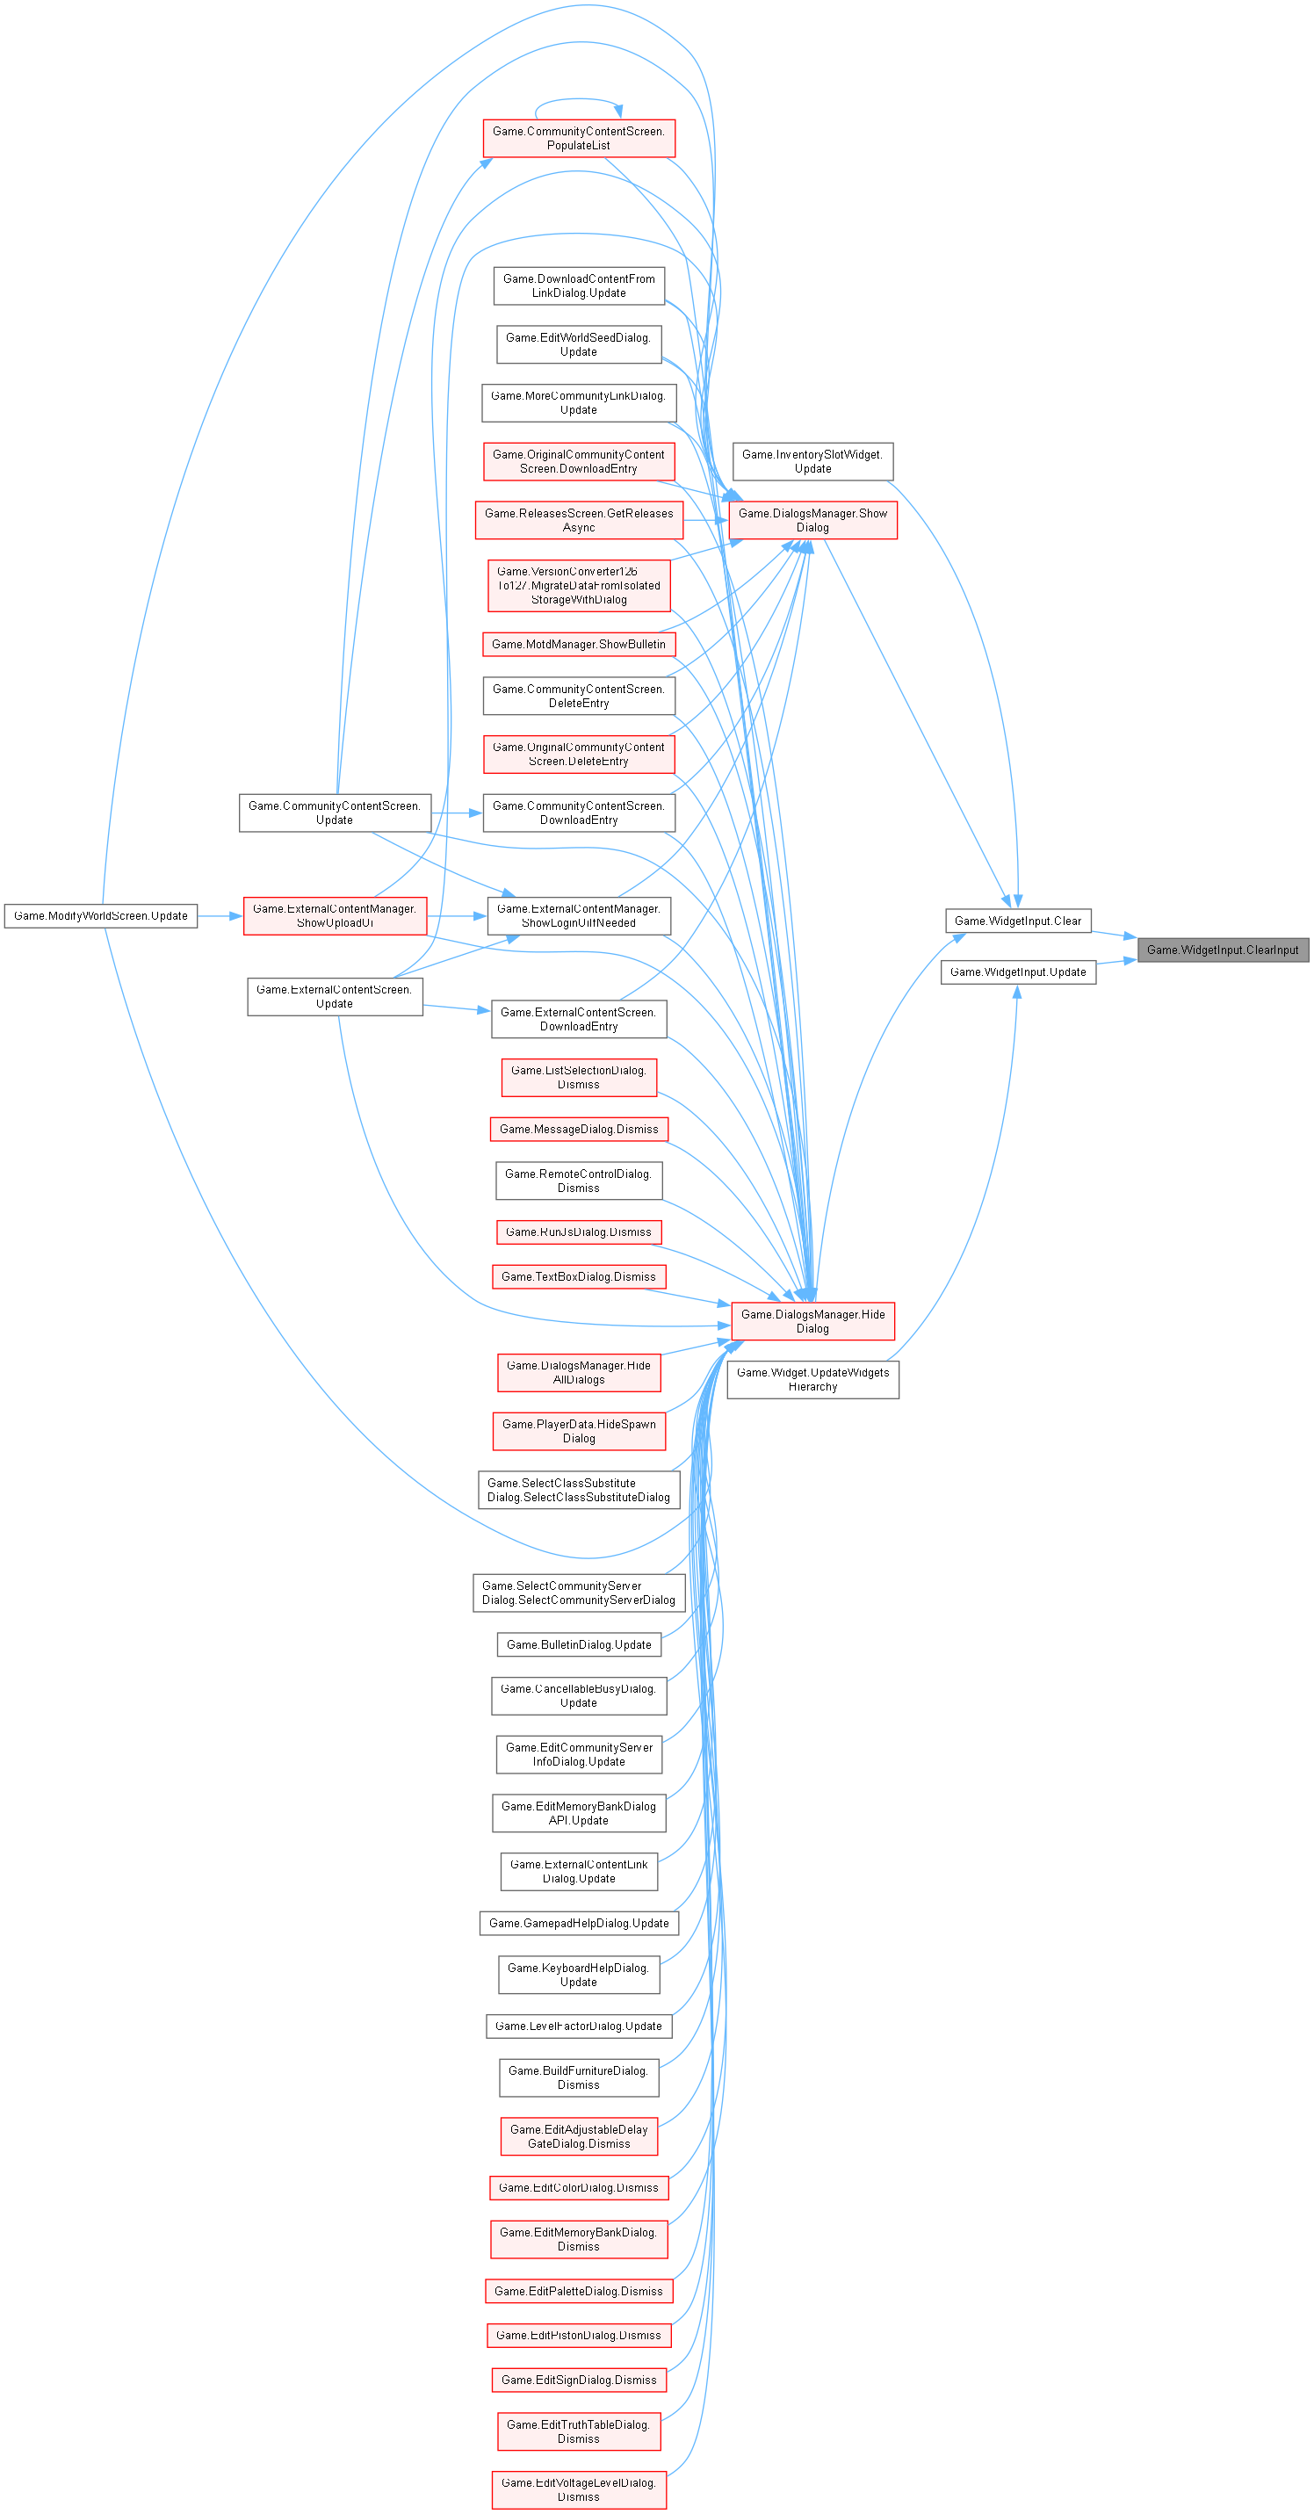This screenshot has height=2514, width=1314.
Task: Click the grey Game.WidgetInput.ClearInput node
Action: pyautogui.click(x=1223, y=950)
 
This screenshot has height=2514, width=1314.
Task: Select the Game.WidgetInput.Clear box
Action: pyautogui.click(x=1017, y=921)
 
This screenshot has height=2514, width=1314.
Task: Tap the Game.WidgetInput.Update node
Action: pyautogui.click(x=1017, y=972)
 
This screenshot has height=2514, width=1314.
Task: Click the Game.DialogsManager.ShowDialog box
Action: pyautogui.click(x=812, y=520)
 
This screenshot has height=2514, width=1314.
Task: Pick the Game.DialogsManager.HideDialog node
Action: pyautogui.click(x=812, y=1321)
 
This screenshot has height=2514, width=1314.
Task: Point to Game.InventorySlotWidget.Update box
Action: pyautogui.click(x=812, y=462)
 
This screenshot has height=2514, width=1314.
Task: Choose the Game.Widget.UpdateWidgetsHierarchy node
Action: pyautogui.click(x=812, y=1379)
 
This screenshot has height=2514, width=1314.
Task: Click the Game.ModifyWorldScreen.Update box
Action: pyautogui.click(x=100, y=915)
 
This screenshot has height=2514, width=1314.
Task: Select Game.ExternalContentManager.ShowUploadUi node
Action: pyautogui.click(x=335, y=915)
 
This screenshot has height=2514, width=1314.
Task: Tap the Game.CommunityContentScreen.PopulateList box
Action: pyautogui.click(x=579, y=138)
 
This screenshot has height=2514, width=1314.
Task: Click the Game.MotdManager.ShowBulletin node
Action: pyautogui.click(x=579, y=644)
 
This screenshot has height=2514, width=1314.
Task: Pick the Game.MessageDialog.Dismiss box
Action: pyautogui.click(x=579, y=1129)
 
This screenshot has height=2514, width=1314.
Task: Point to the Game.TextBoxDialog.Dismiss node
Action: pyautogui.click(x=579, y=1276)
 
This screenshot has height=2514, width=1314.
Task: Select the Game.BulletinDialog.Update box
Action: pyautogui.click(x=579, y=1644)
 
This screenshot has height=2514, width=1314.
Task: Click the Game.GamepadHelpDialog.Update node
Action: pyautogui.click(x=579, y=1923)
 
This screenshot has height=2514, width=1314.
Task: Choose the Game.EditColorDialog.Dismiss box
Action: pyautogui.click(x=579, y=2187)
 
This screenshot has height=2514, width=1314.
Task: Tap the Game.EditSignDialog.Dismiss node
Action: pyautogui.click(x=579, y=2380)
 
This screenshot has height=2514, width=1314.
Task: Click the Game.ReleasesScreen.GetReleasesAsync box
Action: pyautogui.click(x=579, y=520)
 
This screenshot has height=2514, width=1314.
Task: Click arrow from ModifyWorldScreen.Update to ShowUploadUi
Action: pyautogui.click(x=220, y=915)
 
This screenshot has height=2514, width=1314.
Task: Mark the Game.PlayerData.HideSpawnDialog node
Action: pyautogui.click(x=579, y=1431)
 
